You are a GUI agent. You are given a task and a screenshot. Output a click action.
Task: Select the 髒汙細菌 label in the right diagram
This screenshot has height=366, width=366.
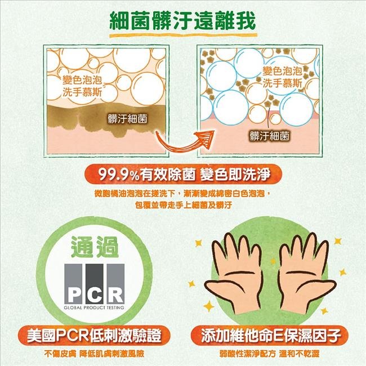click(269, 136)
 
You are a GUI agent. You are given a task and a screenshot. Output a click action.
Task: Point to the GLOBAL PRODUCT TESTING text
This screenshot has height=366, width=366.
click(94, 308)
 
